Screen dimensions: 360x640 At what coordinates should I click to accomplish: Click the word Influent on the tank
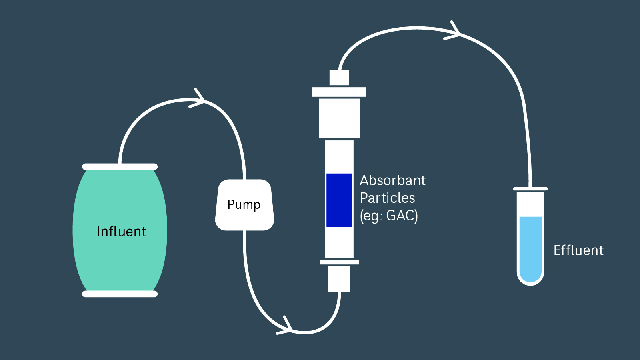[122, 232]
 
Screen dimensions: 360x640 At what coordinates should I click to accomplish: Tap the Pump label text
[244, 204]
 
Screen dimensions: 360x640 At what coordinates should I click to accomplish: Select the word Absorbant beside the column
[392, 180]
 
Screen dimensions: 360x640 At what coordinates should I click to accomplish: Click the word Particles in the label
[387, 198]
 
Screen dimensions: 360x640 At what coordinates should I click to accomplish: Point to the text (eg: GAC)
[389, 216]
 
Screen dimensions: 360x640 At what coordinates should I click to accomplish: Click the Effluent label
[578, 250]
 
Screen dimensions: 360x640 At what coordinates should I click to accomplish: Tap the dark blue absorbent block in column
[339, 200]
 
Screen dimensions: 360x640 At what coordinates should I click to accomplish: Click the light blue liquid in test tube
[530, 248]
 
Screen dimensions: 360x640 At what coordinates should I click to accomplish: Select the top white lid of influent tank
[120, 167]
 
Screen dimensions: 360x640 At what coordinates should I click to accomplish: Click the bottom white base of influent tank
[120, 294]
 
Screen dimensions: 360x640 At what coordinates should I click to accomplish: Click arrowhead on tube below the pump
[287, 328]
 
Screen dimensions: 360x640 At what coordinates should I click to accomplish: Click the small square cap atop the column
[339, 78]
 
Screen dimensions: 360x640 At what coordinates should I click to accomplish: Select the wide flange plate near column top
[339, 92]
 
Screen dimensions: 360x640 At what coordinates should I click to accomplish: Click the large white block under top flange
[339, 118]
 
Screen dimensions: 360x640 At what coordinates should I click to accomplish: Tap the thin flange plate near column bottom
[339, 262]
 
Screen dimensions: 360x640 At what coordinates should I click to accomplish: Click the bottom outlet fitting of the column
[339, 279]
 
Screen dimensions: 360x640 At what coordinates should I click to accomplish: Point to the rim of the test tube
[530, 189]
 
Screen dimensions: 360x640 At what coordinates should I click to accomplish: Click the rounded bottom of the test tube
[530, 281]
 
